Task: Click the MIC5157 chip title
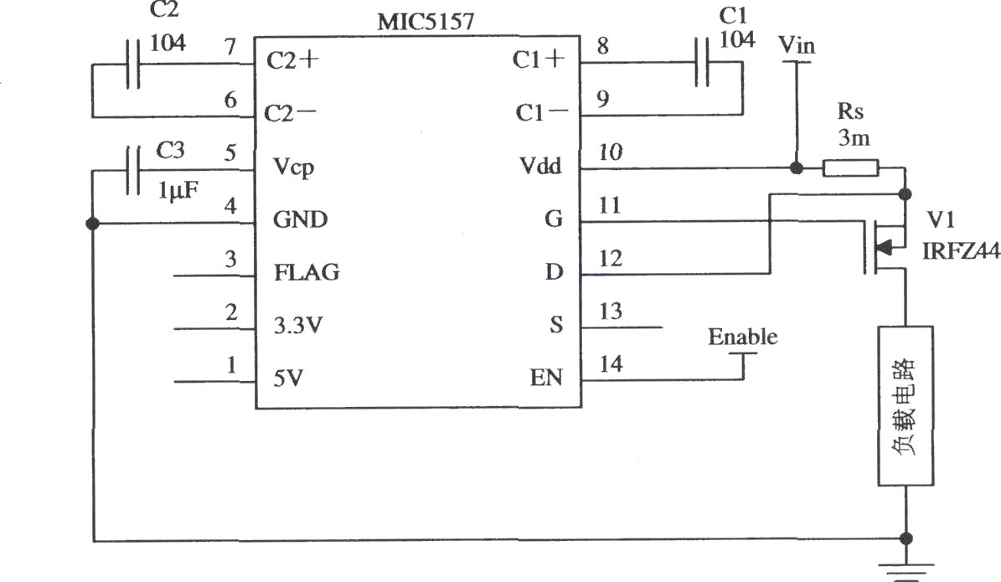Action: point(426,22)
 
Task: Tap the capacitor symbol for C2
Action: point(133,64)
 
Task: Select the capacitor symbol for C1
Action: point(702,62)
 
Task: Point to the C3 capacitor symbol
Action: point(133,170)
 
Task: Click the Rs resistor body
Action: point(850,168)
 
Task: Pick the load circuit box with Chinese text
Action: point(906,406)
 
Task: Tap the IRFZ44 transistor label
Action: point(961,251)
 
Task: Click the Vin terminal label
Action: point(797,46)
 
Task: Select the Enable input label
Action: point(742,337)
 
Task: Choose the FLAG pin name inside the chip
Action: point(307,272)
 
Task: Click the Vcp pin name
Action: point(294,167)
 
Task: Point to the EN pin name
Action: point(546,378)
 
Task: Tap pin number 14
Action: point(611,363)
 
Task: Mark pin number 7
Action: point(230,47)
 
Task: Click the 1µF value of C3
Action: point(178,189)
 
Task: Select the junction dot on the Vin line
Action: point(796,167)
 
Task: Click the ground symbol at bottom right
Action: point(906,571)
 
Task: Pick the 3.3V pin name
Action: point(298,326)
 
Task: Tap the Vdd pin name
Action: point(541,167)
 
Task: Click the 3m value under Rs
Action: point(854,138)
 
